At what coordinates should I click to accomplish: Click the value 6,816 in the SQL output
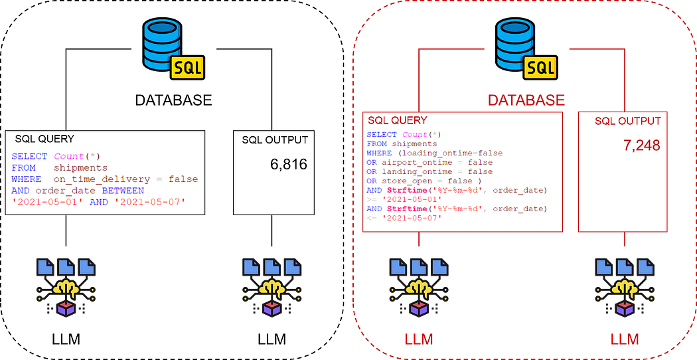(x=289, y=164)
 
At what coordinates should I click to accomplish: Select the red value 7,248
(x=641, y=145)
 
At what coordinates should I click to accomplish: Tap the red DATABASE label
(x=526, y=100)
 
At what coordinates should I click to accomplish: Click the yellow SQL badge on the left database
(x=187, y=67)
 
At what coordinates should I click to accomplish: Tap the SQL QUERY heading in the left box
(x=44, y=139)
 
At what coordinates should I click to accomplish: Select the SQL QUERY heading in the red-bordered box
(x=398, y=120)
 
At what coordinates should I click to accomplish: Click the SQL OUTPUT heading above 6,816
(x=275, y=139)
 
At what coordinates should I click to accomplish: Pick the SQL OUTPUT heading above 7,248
(x=627, y=121)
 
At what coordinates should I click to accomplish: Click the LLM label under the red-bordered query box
(x=419, y=340)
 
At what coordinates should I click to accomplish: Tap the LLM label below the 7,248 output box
(x=625, y=340)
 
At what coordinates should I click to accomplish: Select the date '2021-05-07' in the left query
(x=159, y=201)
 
